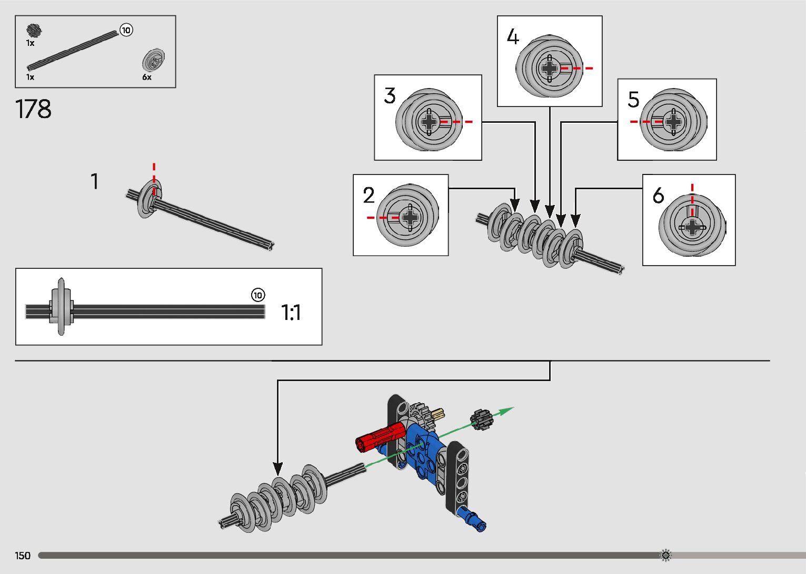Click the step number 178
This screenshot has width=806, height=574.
tap(34, 109)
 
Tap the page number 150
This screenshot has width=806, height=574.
tap(23, 556)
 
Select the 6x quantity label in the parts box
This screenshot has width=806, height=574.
tap(147, 77)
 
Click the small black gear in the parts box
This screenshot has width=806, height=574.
tap(35, 31)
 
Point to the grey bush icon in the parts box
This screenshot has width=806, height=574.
tap(154, 60)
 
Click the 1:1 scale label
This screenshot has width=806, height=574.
tap(291, 313)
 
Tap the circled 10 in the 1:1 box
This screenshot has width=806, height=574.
tap(258, 295)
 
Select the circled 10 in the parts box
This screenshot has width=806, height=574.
tap(126, 30)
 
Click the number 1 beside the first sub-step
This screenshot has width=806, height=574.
tap(95, 181)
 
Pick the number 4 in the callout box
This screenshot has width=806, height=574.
tap(513, 37)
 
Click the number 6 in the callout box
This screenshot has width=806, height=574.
tap(658, 196)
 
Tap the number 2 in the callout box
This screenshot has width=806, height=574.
tap(369, 196)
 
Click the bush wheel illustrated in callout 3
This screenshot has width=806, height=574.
tap(429, 121)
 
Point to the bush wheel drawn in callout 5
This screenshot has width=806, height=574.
tap(673, 121)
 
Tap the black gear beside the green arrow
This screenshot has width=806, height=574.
tap(480, 420)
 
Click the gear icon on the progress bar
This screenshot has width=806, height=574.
tap(665, 555)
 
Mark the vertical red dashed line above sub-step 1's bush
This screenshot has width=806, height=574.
tap(154, 172)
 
